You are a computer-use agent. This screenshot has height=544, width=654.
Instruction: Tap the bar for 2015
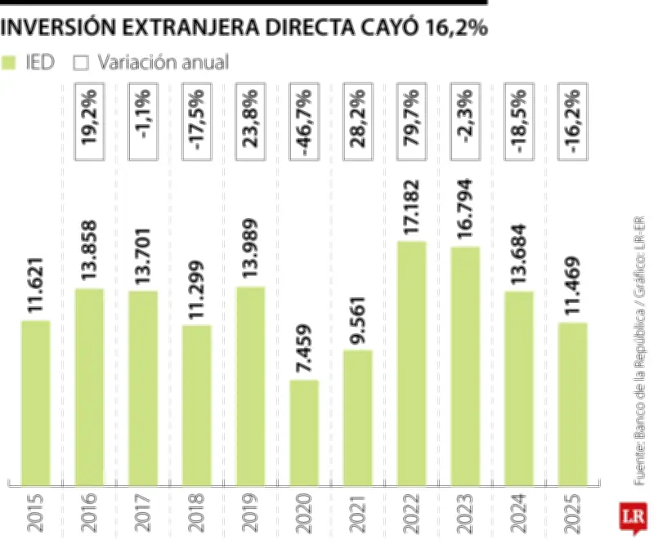click(x=35, y=400)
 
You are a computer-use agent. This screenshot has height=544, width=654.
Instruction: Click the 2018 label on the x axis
click(x=197, y=512)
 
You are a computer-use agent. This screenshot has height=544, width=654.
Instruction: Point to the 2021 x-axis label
click(x=358, y=512)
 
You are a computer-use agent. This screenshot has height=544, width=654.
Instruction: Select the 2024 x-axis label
click(x=519, y=512)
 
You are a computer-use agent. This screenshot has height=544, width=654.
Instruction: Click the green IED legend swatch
click(x=10, y=62)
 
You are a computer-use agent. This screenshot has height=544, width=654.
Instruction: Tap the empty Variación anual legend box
click(x=80, y=62)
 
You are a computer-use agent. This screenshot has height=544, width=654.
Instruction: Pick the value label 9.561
click(x=358, y=315)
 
